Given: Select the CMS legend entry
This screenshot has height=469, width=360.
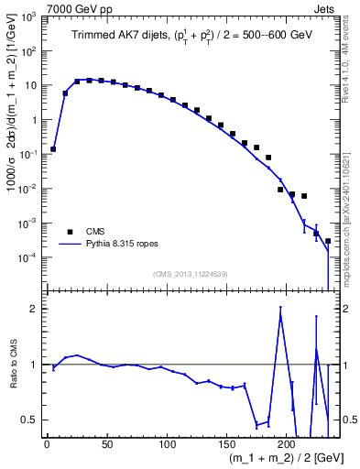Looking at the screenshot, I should tap(84, 231).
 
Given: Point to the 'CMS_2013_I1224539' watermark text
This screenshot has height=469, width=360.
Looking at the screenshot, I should tap(190, 273).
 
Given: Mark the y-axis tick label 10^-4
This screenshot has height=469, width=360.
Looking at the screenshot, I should tap(30, 258).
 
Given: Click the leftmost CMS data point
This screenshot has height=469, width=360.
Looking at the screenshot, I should tap(53, 148).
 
